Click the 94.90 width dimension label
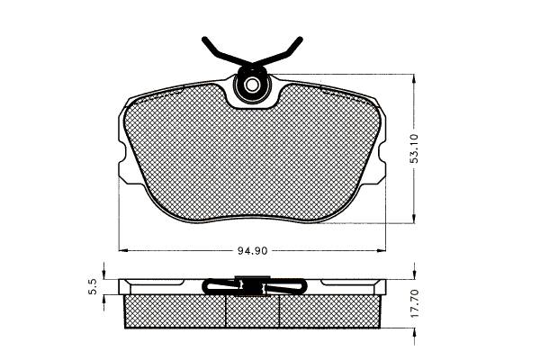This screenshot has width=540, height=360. pos(252,250)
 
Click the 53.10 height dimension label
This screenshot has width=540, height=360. pos(414,148)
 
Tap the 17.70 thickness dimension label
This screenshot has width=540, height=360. pos(415,303)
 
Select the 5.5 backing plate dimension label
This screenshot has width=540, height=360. pos(93,287)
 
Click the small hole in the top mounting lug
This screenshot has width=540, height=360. pos(252,85)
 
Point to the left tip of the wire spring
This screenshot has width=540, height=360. pos(204,38)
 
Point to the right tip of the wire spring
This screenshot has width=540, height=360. pos(301,39)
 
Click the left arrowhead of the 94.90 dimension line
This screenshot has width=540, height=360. pos(123,250)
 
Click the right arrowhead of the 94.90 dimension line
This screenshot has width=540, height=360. pos(382,250)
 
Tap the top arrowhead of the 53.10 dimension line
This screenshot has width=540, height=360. pos(414,79)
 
